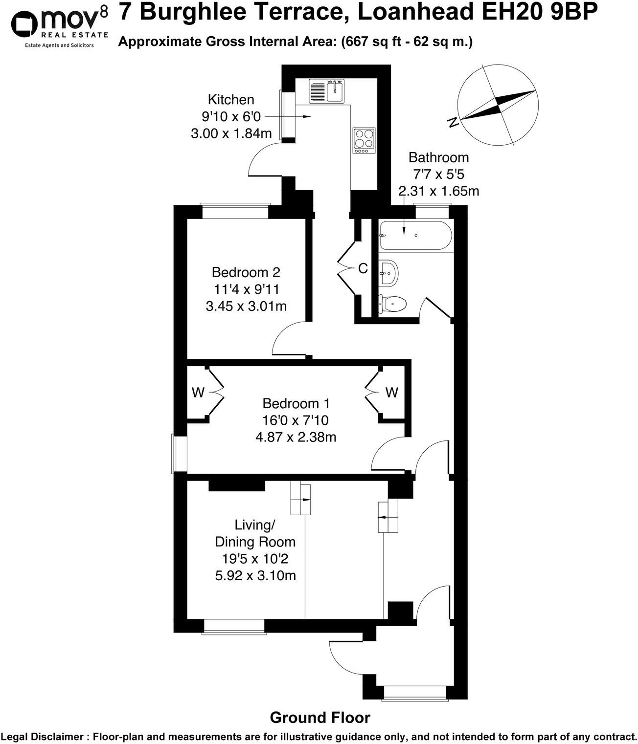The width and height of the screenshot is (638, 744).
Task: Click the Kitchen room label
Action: pos(231,100)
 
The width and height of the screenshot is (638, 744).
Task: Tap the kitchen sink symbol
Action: pos(327,90)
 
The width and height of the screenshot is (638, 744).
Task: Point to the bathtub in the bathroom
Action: pos(416,236)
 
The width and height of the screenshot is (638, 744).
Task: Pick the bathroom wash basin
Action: pos(389,273)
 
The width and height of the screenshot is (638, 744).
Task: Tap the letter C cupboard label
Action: pos(363,268)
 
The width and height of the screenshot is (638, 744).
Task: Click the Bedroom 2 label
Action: pos(246,272)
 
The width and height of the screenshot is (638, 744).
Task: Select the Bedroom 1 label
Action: pos(296,404)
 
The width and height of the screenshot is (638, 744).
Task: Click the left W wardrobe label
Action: pos(198,393)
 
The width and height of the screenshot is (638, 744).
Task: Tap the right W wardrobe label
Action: pos(391,393)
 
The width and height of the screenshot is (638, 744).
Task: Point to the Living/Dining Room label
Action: pos(255,533)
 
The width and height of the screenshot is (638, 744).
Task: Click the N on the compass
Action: pos(454,122)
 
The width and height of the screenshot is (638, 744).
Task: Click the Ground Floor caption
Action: pos(320,718)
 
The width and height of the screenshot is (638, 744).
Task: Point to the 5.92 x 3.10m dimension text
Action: pos(255,575)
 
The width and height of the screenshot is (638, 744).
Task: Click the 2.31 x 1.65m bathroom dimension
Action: pos(439,191)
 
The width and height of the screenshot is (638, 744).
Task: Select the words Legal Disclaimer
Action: pos(43,736)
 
